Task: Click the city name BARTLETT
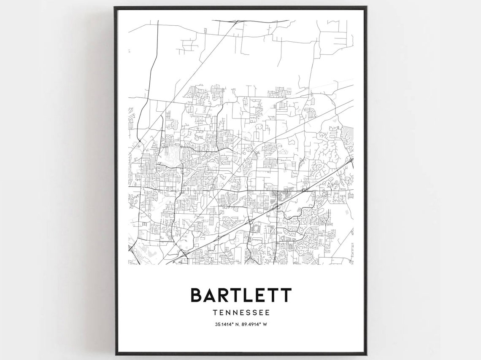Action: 241,295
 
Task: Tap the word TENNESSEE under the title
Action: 241,313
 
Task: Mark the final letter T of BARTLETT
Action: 285,295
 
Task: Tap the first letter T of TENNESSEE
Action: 215,313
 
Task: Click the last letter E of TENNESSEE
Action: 267,313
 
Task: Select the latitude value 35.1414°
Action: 224,324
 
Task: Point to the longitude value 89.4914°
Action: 252,324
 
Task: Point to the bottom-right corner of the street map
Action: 353,264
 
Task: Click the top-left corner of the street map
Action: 129,20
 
